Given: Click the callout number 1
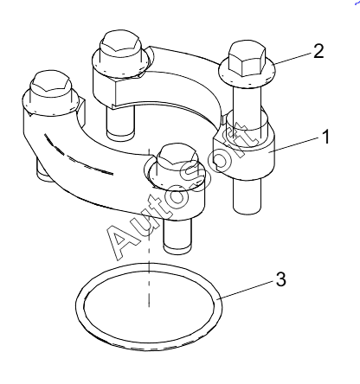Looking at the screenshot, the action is point(325,137).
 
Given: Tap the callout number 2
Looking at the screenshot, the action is point(318,52).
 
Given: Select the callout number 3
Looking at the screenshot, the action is point(281,279).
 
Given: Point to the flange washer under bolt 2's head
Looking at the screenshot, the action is point(247,75).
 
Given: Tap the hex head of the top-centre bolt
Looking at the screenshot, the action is point(120,46).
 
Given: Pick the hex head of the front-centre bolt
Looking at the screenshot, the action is point(178,159).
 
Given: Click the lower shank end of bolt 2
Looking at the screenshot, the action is point(247,197).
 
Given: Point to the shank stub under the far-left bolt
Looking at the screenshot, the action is point(45,170).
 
